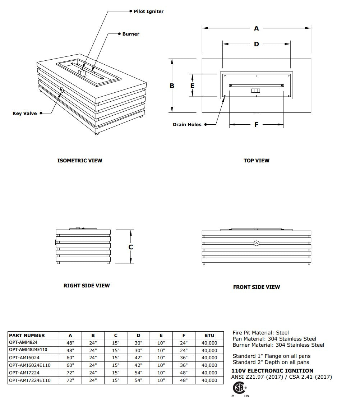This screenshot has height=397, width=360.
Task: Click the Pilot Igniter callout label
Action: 148,11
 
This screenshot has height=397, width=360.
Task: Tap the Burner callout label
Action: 130,34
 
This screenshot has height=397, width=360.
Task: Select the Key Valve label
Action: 25,114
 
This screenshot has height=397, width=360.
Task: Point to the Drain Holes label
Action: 187,125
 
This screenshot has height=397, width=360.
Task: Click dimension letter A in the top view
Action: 256,28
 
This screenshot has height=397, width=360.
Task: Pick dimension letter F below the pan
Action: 256,125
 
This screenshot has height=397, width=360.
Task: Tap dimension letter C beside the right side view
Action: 131,247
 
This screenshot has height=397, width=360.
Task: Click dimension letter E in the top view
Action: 192,86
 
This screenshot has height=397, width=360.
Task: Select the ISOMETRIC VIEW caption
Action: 80,161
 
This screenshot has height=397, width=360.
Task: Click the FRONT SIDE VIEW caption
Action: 256,287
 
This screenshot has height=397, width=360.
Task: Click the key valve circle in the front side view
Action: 256,243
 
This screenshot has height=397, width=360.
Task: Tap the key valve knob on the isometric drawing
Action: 62,90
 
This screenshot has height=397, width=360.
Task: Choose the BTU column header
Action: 209,336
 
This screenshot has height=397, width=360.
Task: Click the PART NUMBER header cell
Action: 27,336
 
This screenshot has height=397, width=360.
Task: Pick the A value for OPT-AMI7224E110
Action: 70,380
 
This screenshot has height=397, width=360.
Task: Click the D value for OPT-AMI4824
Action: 138,343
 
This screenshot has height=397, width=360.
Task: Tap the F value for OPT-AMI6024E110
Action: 184,365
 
